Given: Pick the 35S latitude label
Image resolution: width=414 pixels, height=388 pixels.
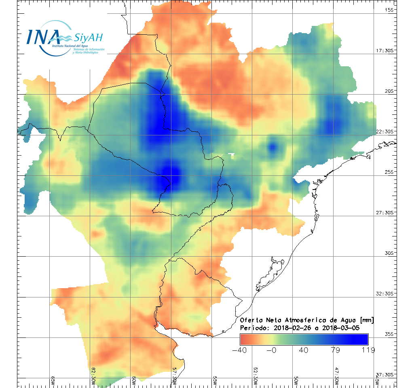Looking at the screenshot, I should pos(389,334).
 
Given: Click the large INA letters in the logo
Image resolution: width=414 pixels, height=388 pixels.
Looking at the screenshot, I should pos(43,37).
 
